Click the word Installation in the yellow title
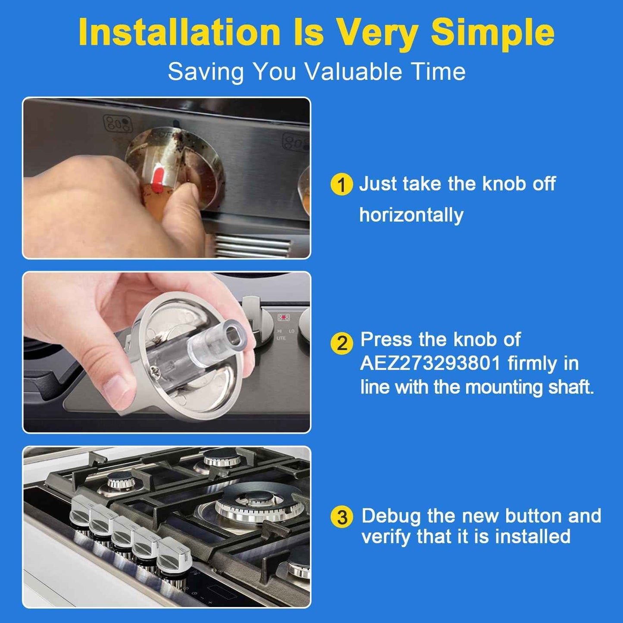coord(179,32)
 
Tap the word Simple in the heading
coord(492,32)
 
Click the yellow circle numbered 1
coord(341,185)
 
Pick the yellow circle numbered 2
coord(341,343)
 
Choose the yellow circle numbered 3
coord(342,517)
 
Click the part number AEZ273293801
coord(430,363)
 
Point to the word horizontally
coord(411,215)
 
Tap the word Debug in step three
coord(391,516)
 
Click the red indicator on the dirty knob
coord(157,179)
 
